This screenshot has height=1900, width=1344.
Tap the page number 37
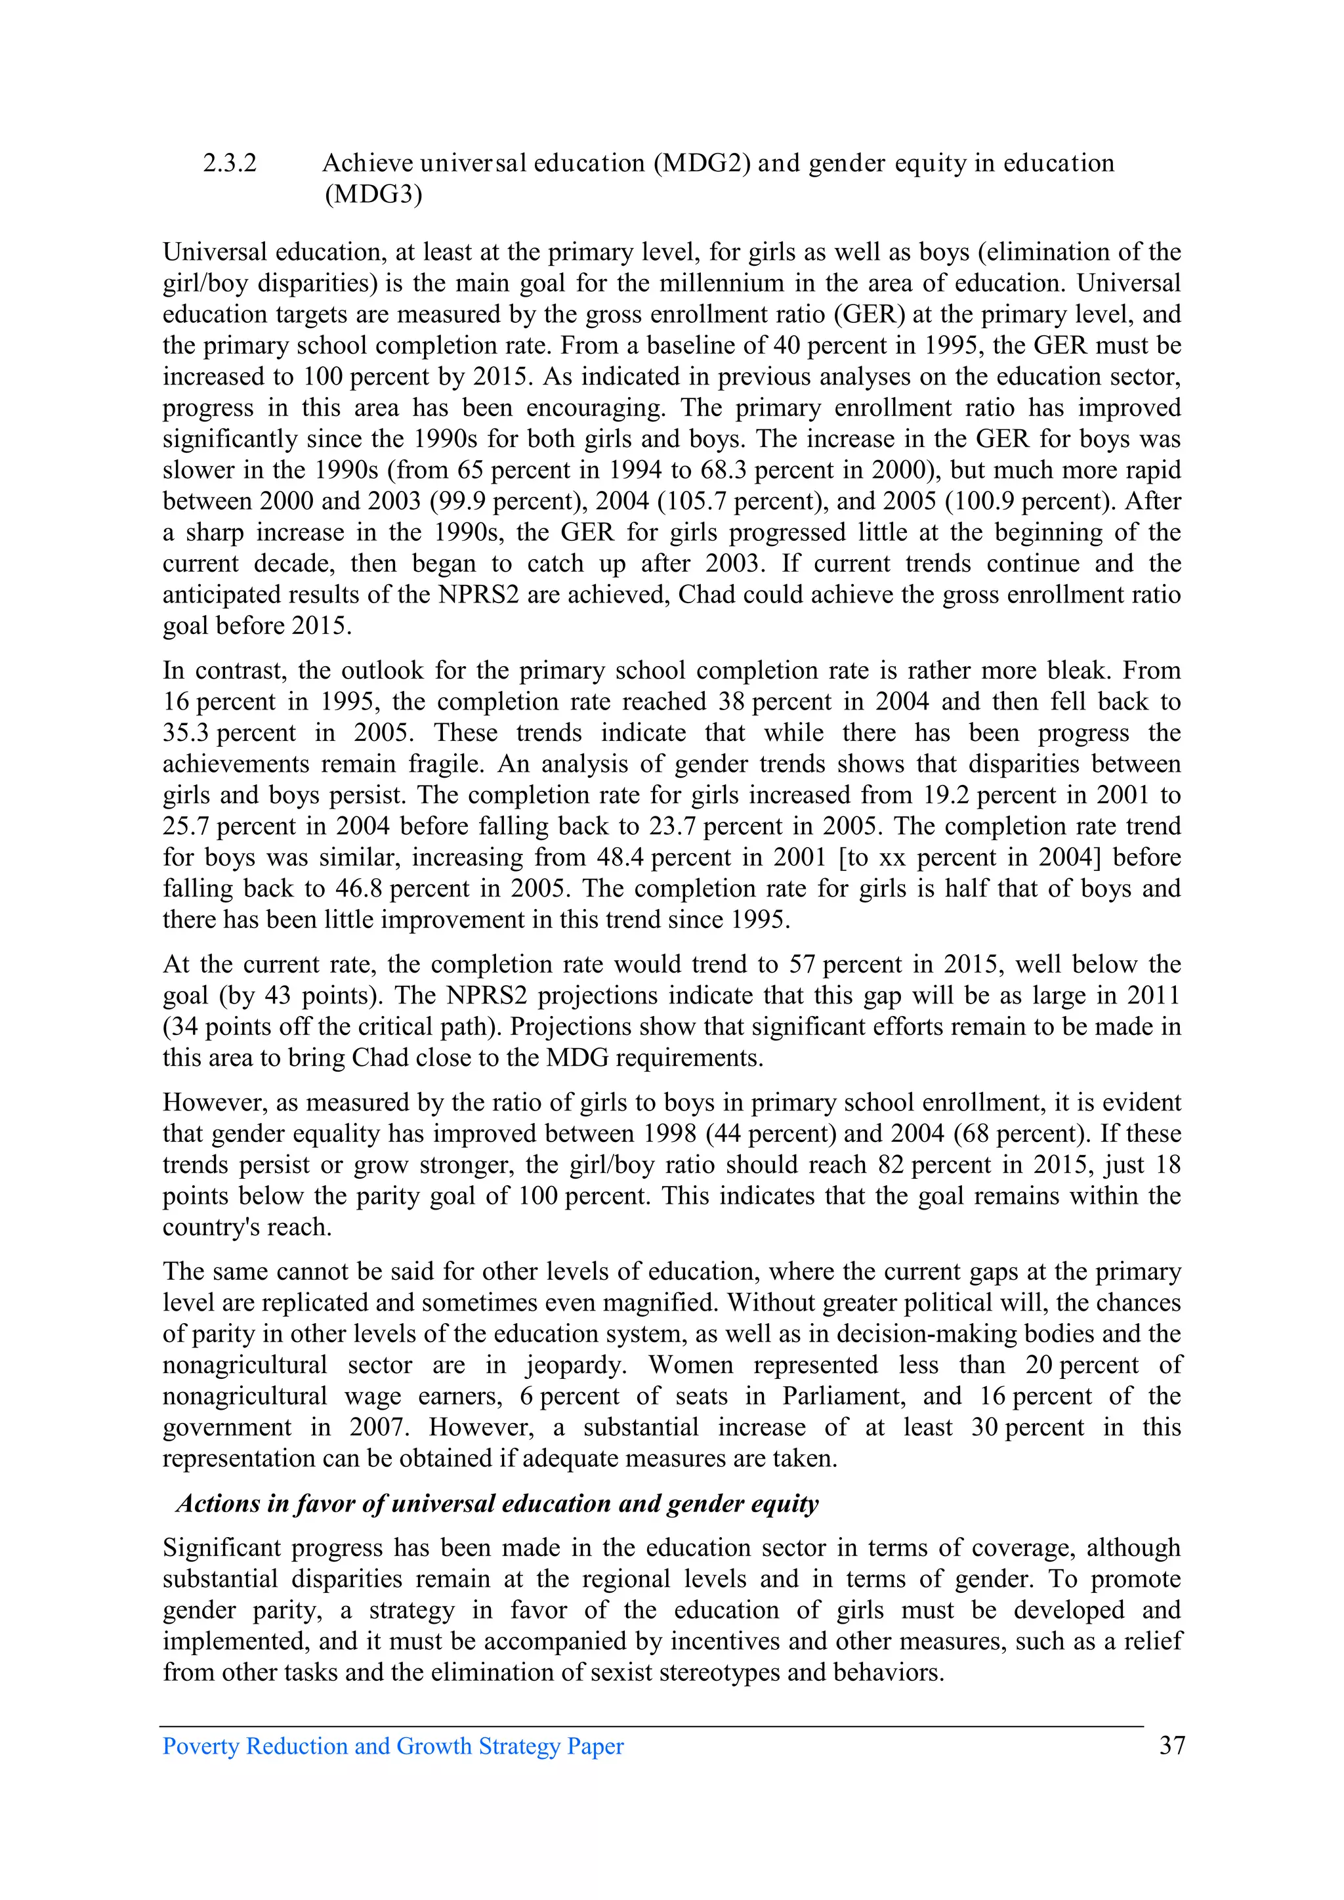point(1172,1745)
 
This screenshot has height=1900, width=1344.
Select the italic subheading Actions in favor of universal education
point(497,1503)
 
